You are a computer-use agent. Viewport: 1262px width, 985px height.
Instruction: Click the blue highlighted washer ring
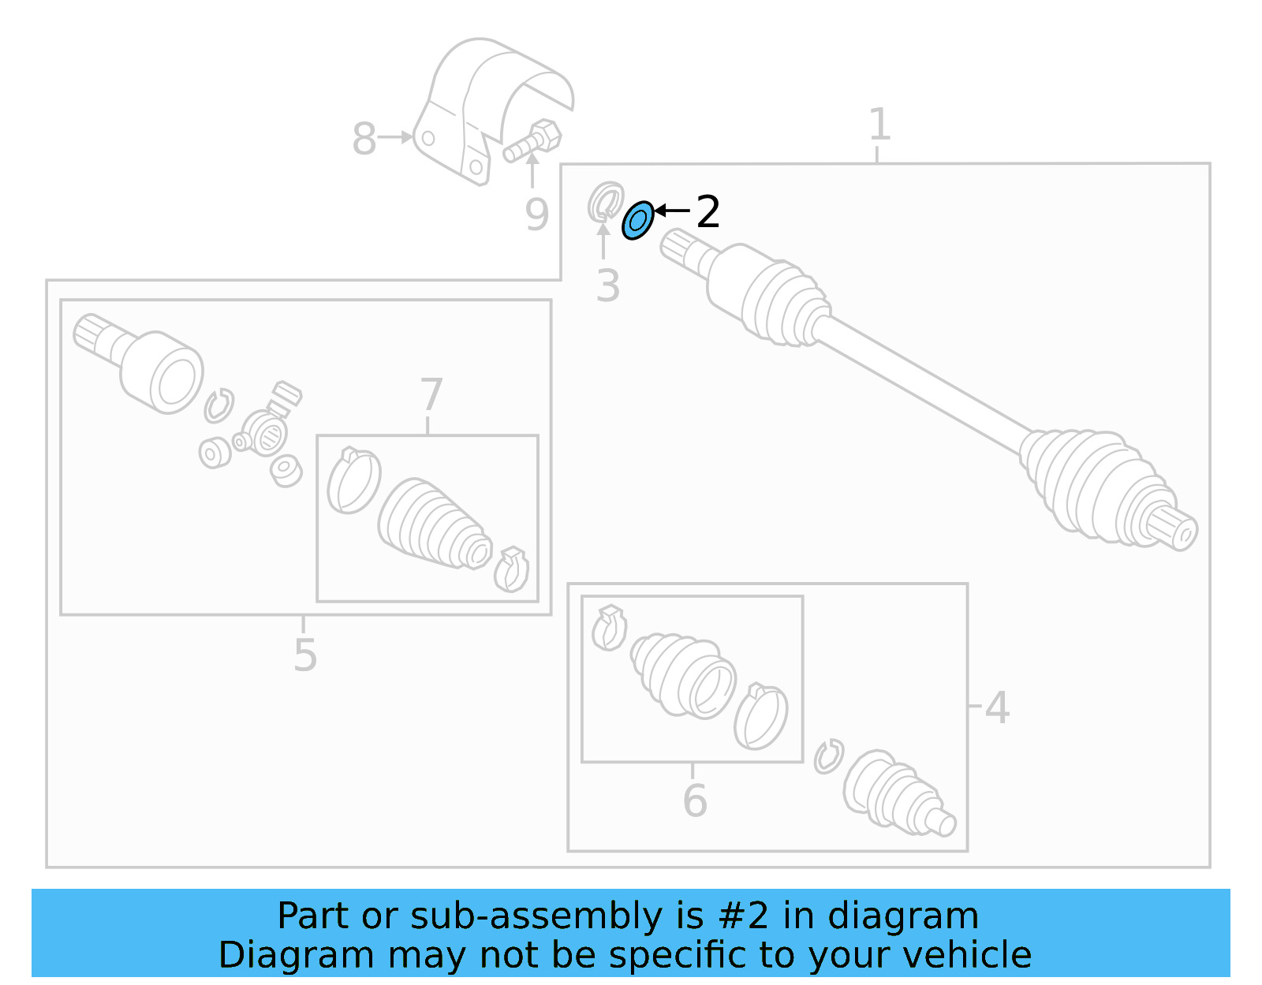pyautogui.click(x=637, y=220)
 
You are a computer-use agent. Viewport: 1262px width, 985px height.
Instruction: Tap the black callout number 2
pyautogui.click(x=708, y=212)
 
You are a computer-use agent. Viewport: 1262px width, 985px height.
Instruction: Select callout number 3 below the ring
pyautogui.click(x=607, y=285)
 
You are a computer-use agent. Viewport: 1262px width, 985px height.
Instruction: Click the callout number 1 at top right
pyautogui.click(x=879, y=125)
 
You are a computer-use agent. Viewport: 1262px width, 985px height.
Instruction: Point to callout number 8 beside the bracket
pyautogui.click(x=364, y=140)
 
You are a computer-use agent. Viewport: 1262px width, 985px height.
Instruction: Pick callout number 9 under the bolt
pyautogui.click(x=536, y=215)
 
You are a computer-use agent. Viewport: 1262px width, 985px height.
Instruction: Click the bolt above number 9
pyautogui.click(x=534, y=141)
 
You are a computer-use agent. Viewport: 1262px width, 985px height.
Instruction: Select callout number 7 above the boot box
pyautogui.click(x=431, y=394)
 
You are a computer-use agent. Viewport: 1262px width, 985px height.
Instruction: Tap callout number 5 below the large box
pyautogui.click(x=304, y=655)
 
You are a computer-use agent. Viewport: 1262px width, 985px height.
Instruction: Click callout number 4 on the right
pyautogui.click(x=997, y=707)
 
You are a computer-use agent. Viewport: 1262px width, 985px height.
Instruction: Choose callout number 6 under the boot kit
pyautogui.click(x=694, y=800)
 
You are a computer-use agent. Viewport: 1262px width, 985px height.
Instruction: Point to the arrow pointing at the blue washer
pyautogui.click(x=672, y=211)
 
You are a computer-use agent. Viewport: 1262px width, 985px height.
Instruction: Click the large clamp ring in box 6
pyautogui.click(x=760, y=717)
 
